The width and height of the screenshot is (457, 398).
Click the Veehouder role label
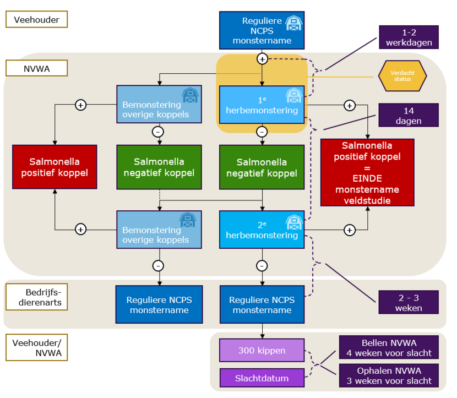[36, 20]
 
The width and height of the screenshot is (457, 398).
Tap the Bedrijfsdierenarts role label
[36, 297]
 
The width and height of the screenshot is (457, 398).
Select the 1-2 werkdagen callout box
[409, 37]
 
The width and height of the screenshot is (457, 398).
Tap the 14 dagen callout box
[409, 115]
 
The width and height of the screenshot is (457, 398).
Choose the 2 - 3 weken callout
[409, 302]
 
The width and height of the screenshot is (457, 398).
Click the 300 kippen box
[262, 350]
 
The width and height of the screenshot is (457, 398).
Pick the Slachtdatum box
[262, 378]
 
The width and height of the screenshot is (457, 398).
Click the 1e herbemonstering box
[262, 105]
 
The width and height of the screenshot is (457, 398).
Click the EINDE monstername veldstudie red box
[367, 172]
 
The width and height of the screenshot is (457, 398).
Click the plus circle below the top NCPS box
[262, 58]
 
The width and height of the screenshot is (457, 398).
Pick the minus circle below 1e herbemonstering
[262, 132]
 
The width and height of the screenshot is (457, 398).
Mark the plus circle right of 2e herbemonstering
[349, 230]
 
